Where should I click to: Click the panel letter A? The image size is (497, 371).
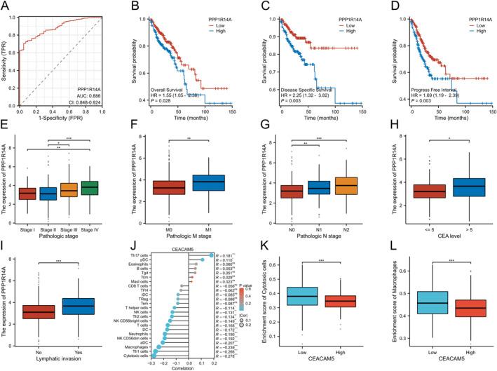(6, 6)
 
